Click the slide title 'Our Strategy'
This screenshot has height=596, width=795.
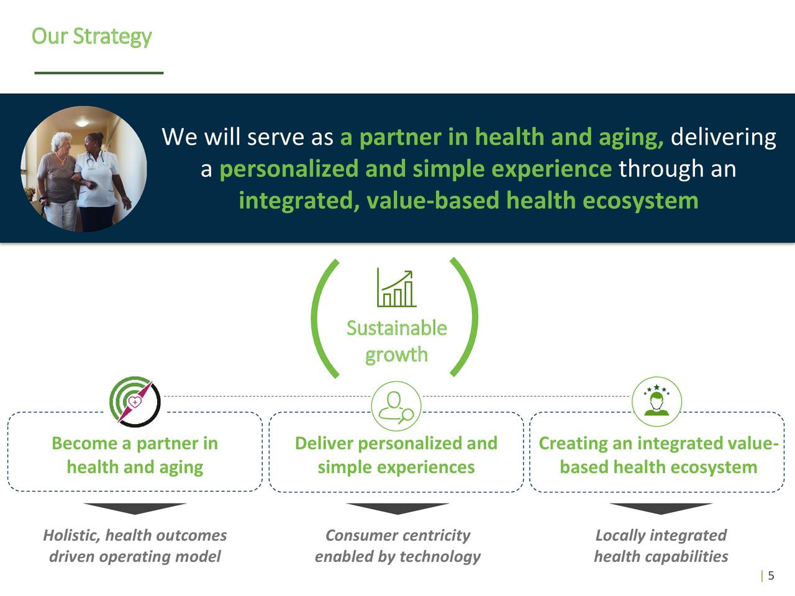click(x=91, y=36)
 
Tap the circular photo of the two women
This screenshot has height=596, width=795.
click(x=84, y=169)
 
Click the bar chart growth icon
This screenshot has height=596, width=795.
click(x=396, y=289)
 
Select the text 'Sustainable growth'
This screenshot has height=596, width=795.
click(x=396, y=341)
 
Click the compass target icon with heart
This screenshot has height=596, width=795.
click(x=135, y=401)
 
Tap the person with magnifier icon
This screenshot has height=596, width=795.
click(x=396, y=407)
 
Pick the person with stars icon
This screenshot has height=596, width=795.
click(x=656, y=401)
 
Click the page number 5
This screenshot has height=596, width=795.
click(x=771, y=576)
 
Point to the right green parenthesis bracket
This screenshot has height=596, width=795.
click(x=466, y=317)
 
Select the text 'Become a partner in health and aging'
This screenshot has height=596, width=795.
click(x=135, y=455)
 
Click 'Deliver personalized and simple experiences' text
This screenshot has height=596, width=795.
click(x=396, y=455)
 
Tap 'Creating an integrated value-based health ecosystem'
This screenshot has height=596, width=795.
click(x=658, y=455)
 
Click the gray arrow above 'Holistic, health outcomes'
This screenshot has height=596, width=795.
click(x=135, y=508)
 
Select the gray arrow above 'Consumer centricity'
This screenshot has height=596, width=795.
click(x=397, y=508)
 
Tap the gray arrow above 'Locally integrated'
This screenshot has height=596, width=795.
click(x=660, y=508)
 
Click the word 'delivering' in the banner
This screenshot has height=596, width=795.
click(x=723, y=137)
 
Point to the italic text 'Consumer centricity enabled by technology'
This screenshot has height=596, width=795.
click(x=397, y=546)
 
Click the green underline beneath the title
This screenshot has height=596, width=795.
click(x=99, y=73)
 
